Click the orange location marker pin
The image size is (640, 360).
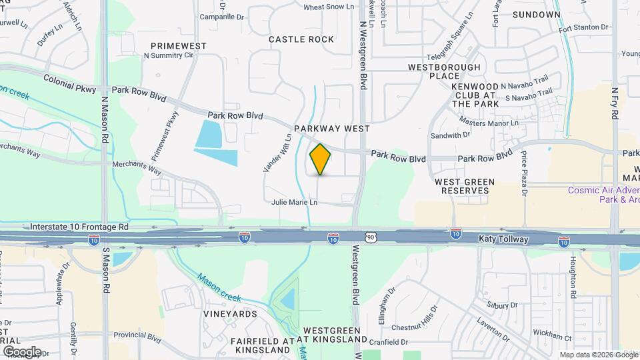(320, 159)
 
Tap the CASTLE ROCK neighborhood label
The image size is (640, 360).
(301, 39)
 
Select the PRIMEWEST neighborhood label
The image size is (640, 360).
(179, 46)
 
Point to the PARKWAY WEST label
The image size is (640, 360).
(331, 127)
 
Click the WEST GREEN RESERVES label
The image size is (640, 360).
(465, 186)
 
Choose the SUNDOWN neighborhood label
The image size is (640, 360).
(537, 14)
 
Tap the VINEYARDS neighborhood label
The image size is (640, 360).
(231, 314)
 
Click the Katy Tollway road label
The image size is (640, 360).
(503, 239)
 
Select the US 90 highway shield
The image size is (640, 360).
(371, 237)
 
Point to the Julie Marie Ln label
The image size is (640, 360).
(294, 202)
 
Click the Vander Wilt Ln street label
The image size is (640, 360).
(278, 153)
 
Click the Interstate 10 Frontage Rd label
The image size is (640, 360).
(79, 227)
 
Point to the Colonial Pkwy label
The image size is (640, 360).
(69, 79)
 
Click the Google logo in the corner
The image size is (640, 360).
(22, 351)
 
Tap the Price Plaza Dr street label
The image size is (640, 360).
(525, 173)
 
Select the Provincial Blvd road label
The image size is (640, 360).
(138, 338)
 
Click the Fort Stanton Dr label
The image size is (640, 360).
(584, 28)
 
